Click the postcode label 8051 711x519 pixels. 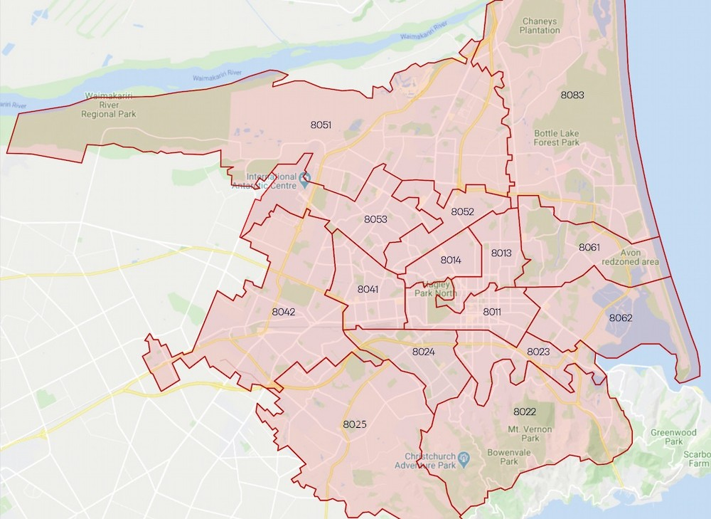[321, 125]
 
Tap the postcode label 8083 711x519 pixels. [572, 95]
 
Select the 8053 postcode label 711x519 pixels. [375, 219]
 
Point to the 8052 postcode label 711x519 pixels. [462, 211]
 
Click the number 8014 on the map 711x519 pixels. [451, 260]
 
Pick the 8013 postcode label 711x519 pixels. [501, 253]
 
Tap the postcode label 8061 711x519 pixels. [589, 247]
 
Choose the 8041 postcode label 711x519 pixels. [368, 289]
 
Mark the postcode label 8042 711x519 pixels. [283, 311]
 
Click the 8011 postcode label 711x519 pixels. [492, 312]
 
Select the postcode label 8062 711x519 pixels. [620, 318]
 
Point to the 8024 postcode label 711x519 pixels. [423, 351]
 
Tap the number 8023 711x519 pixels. [538, 351]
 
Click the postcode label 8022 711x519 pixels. [524, 411]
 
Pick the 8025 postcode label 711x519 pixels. [355, 424]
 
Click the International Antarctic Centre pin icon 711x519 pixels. [305, 178]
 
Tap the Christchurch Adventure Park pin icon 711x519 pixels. [464, 456]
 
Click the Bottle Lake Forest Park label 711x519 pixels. [557, 137]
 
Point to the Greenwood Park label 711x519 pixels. [666, 436]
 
